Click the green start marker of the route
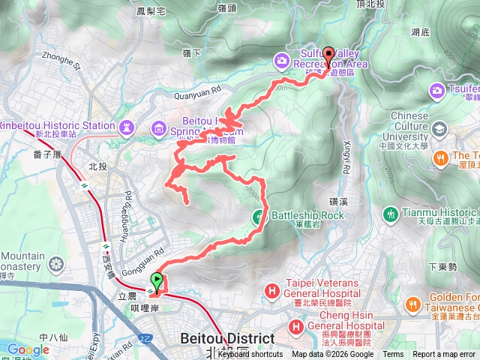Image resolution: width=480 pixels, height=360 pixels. (157, 282)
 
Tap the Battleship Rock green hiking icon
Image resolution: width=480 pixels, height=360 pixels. (259, 216)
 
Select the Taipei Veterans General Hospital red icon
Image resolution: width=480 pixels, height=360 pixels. (271, 290)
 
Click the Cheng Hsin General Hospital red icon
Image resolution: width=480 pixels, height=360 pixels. (296, 326)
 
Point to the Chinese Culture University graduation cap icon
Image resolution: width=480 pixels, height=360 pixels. (436, 130)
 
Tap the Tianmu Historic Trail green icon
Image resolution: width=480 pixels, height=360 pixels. (390, 214)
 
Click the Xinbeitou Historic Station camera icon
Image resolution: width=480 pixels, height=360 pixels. (127, 126)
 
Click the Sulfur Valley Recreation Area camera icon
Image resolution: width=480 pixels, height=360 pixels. (281, 59)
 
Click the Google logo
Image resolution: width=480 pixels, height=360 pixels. (28, 349)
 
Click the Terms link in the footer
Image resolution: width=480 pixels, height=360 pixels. (393, 355)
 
